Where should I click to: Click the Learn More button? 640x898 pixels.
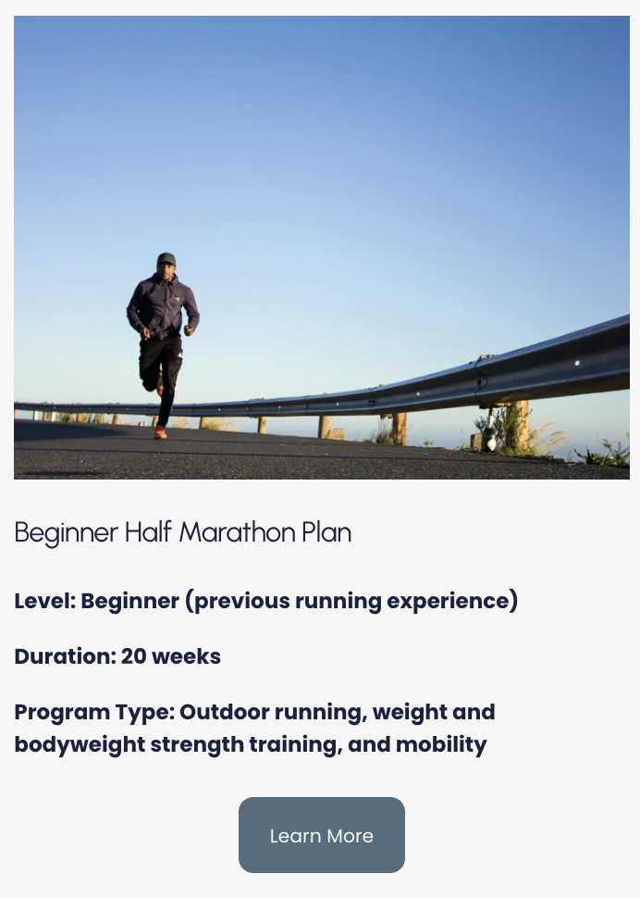[321, 835]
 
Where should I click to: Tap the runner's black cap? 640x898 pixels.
[166, 259]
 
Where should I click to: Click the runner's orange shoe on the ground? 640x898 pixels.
[160, 431]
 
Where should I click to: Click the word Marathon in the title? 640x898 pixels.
[238, 532]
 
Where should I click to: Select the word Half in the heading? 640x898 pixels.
[148, 532]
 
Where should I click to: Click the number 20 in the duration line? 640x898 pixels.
[133, 656]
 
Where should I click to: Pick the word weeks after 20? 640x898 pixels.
[186, 656]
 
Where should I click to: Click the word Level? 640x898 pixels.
[43, 601]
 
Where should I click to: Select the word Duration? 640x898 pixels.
[64, 656]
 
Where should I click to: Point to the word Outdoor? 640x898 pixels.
[220, 712]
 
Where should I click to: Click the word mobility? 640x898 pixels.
[441, 744]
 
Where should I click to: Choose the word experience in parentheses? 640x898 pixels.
[451, 601]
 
